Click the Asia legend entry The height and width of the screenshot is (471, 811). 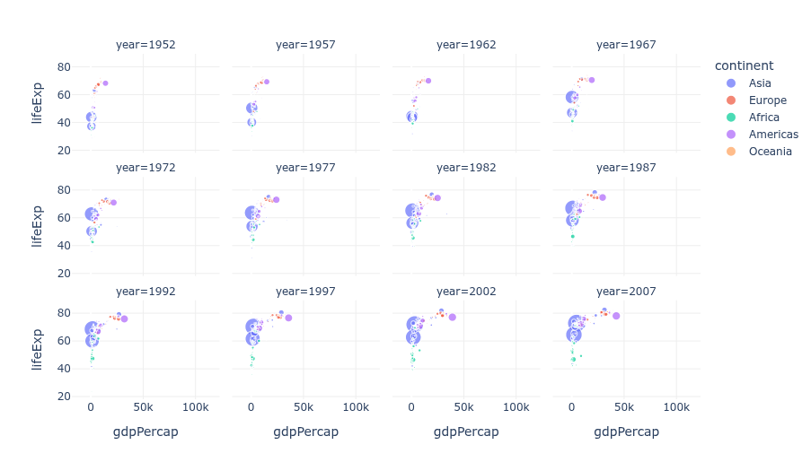[x=759, y=83]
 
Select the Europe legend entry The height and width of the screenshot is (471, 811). [x=767, y=100]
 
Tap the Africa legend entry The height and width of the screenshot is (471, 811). [x=763, y=118]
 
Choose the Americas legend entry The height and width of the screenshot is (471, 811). [x=772, y=135]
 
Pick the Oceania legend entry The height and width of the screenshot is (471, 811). [x=770, y=152]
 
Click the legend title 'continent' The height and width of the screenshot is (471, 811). [x=744, y=65]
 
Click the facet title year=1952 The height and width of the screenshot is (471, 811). [x=145, y=45]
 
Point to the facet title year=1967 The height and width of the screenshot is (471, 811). [x=626, y=45]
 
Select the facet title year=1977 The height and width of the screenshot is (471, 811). [x=305, y=168]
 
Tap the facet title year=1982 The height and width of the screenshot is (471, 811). [x=466, y=168]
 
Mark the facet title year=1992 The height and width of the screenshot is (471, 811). [x=145, y=292]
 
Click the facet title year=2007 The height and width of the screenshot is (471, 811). [x=626, y=292]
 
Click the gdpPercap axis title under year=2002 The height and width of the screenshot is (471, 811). [x=466, y=432]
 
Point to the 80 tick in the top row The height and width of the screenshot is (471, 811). [x=65, y=66]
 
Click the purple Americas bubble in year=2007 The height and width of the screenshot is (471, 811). [x=616, y=316]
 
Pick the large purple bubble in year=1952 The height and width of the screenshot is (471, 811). [x=105, y=83]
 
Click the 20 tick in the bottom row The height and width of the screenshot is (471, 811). [x=65, y=396]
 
